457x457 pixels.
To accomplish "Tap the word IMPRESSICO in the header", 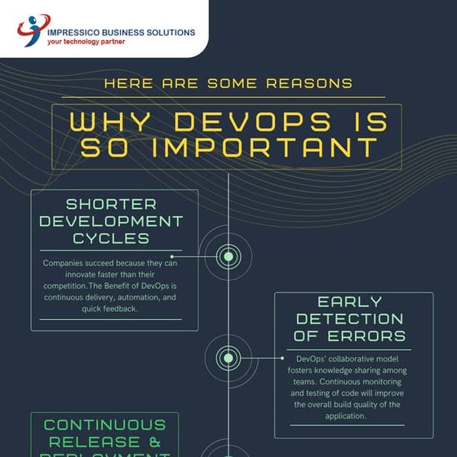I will pyautogui.click(x=76, y=33).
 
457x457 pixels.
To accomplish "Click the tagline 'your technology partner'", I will pyautogui.click(x=87, y=42).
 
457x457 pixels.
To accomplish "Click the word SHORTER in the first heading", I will pyautogui.click(x=111, y=203).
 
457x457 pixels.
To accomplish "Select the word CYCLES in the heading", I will pyautogui.click(x=111, y=238).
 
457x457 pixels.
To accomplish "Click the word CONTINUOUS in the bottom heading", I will pyautogui.click(x=104, y=425).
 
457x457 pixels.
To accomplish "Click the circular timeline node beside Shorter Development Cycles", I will pyautogui.click(x=228, y=256).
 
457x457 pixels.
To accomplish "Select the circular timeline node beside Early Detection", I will pyautogui.click(x=228, y=357).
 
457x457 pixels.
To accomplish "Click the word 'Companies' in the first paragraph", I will pyautogui.click(x=66, y=264).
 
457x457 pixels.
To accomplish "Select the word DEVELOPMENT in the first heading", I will pyautogui.click(x=111, y=221).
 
